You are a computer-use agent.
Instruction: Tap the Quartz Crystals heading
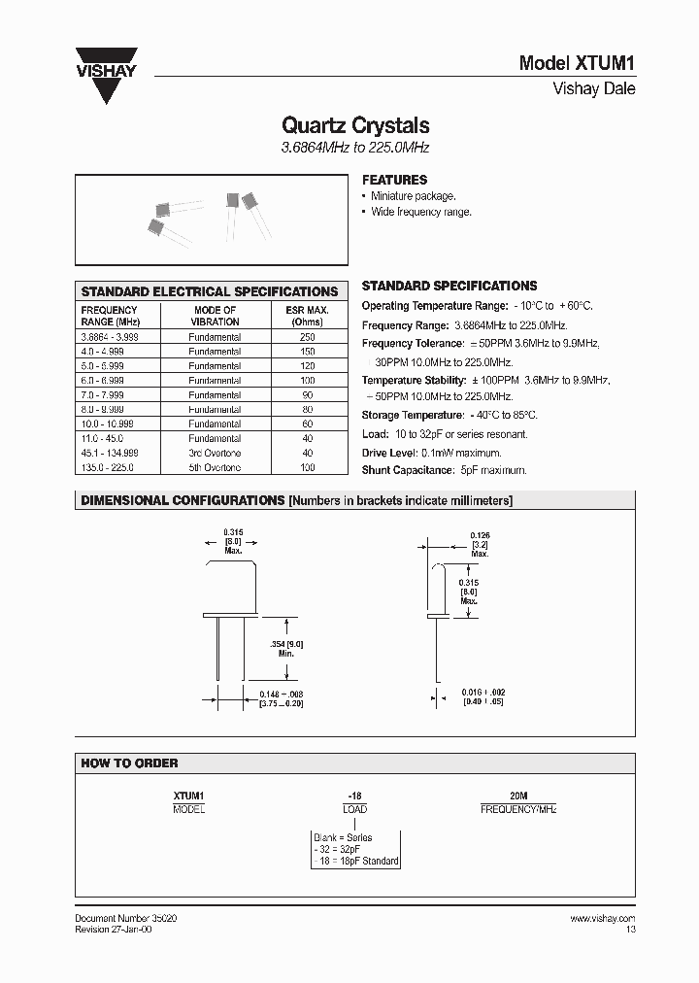[x=354, y=125]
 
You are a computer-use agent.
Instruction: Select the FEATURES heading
[x=394, y=180]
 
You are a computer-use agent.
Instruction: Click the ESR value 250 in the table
[x=307, y=337]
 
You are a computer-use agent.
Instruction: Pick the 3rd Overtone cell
[x=215, y=454]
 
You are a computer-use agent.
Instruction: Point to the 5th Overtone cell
[x=215, y=468]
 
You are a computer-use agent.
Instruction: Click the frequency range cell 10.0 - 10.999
[x=108, y=424]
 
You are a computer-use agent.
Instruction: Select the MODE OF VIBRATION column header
[x=215, y=315]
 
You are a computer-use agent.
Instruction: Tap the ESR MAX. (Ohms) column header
[x=307, y=315]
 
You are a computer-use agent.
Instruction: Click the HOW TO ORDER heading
[x=129, y=763]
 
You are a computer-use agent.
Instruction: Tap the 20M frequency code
[x=518, y=796]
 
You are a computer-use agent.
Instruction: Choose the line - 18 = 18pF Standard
[x=355, y=861]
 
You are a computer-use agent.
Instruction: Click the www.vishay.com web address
[x=602, y=918]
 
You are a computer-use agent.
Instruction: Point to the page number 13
[x=630, y=930]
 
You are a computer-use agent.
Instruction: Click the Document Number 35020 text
[x=125, y=918]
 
